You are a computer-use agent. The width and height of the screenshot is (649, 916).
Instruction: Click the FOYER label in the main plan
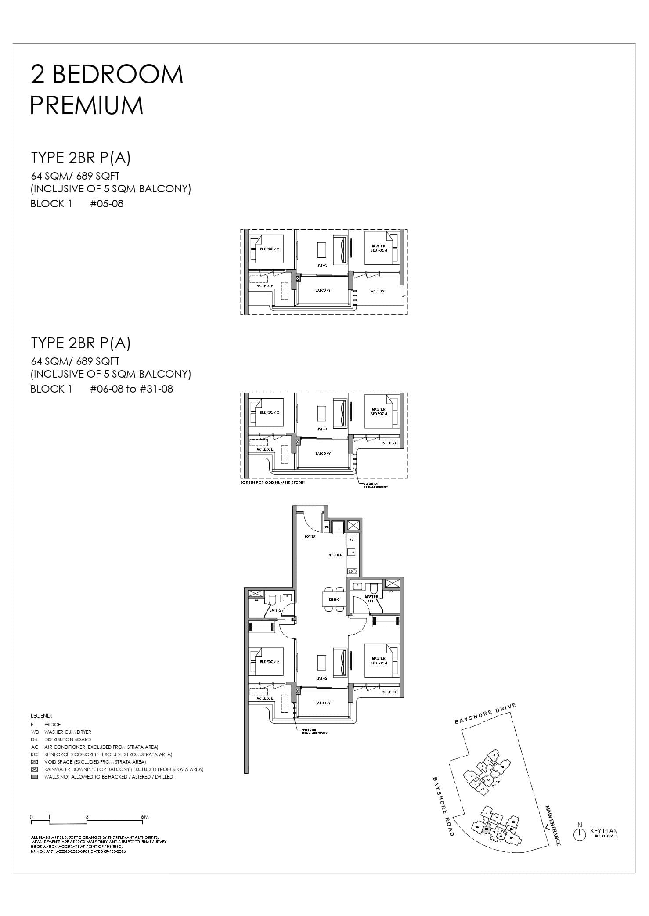click(310, 537)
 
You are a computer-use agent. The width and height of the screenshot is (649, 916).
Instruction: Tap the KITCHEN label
click(335, 555)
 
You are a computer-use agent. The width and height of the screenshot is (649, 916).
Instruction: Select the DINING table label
click(334, 599)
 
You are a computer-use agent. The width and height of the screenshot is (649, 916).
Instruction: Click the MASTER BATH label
click(371, 599)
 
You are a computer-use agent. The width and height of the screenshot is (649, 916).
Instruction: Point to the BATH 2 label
click(275, 610)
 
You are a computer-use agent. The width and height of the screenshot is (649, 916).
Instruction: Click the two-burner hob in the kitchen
click(352, 571)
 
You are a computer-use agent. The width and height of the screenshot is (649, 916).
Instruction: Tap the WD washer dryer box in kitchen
click(352, 539)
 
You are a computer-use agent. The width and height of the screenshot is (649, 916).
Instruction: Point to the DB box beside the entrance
click(327, 527)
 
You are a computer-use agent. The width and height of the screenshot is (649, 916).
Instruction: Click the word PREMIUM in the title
click(87, 106)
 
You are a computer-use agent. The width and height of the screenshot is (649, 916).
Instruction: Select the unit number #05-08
click(107, 204)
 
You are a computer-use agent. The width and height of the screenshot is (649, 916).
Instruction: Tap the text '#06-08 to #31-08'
click(131, 389)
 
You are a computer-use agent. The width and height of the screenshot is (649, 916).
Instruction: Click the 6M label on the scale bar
click(145, 817)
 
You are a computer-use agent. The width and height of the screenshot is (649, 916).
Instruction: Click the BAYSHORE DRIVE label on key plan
click(485, 714)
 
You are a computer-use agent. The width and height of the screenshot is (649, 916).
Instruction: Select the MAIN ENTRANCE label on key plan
click(552, 826)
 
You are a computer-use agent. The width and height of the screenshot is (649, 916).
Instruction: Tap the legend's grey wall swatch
click(35, 777)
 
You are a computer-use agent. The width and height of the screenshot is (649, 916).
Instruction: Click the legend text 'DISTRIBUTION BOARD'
click(68, 739)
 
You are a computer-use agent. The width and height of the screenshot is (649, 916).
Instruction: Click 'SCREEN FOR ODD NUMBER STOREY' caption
click(273, 483)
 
